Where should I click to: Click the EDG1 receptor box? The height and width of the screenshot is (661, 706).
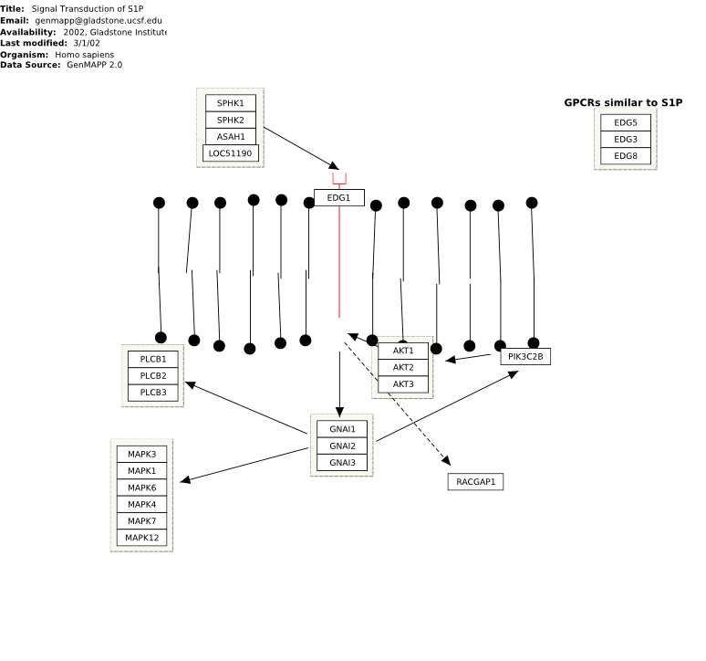point(339,198)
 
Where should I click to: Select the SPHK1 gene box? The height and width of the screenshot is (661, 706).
point(231,103)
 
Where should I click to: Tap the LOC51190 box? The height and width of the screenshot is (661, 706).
point(231,153)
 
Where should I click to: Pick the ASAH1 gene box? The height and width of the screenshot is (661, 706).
point(231,137)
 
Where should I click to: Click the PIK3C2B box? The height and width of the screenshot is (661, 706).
point(525,356)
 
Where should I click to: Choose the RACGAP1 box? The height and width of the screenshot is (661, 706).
point(475,482)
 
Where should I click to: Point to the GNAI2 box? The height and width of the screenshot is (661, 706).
point(342,446)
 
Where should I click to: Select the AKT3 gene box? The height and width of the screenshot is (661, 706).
point(403,384)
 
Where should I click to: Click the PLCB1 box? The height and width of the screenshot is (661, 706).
point(153,359)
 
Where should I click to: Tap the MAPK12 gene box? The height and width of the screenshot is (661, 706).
point(141,538)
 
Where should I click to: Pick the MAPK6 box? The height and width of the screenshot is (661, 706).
point(141,488)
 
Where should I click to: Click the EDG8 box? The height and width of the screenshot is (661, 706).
point(626,156)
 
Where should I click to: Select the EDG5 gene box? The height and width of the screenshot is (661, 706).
point(626,122)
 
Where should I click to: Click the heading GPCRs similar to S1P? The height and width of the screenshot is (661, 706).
point(623,103)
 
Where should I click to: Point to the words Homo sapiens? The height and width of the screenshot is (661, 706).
point(84,55)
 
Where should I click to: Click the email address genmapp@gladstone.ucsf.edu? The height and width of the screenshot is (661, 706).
point(99,20)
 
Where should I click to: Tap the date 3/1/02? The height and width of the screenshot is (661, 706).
point(87,43)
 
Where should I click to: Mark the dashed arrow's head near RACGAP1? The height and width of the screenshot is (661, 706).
point(447,460)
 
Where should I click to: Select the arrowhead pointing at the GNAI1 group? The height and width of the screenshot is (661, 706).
point(339,412)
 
